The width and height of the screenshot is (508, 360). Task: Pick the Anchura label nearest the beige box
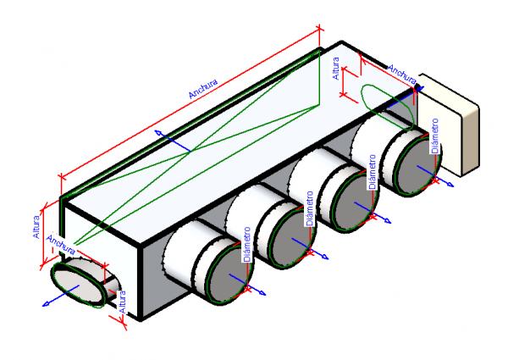click(404, 66)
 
